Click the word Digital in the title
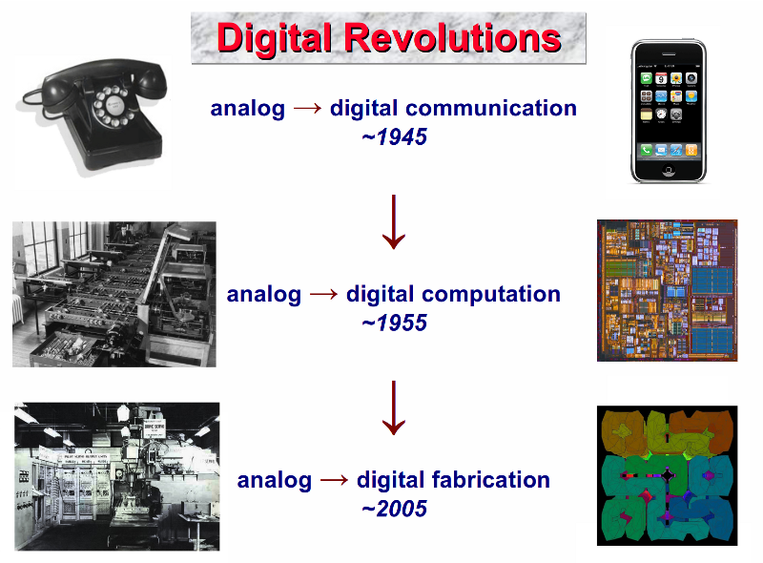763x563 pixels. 275,39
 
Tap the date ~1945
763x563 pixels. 394,136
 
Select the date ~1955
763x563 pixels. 394,323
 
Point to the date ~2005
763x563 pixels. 394,509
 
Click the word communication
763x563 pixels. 491,108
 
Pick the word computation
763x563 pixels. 491,294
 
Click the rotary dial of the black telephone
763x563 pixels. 113,106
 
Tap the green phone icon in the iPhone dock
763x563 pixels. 647,150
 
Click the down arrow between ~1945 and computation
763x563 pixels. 394,222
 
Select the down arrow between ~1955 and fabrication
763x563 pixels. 394,407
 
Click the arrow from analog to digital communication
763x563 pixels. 307,108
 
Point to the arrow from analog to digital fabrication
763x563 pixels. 335,480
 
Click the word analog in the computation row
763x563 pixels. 264,295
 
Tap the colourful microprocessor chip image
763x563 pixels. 667,290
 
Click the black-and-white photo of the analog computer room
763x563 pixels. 114,294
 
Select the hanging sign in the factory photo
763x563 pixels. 155,428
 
